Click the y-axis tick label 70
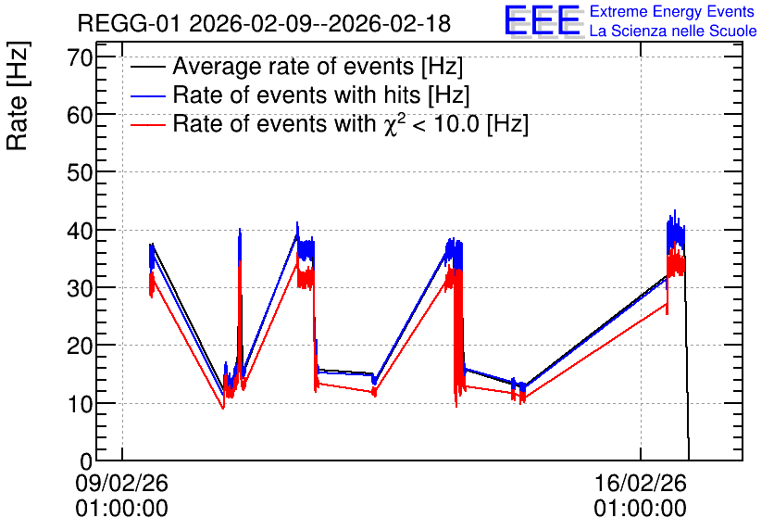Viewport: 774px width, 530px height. pos(80,57)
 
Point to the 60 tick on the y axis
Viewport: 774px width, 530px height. pos(80,115)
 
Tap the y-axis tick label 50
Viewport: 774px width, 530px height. pos(80,173)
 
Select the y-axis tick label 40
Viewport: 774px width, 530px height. pos(80,231)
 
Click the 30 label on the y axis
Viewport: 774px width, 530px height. pos(80,288)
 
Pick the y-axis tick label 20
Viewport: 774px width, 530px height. pos(80,346)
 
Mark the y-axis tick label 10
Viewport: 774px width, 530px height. pos(80,404)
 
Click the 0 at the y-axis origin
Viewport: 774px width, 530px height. pos(87,461)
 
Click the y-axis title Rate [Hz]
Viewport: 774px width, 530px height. pos(18,95)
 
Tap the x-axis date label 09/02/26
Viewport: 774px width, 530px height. pos(122,483)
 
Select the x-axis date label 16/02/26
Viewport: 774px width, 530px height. pos(641,483)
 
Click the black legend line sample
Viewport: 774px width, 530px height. pos(147,67)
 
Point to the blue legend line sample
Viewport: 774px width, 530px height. pos(147,95)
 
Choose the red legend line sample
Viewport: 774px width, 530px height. pos(147,124)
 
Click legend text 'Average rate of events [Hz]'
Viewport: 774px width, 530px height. pos(318,67)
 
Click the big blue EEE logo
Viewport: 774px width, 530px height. pos(543,20)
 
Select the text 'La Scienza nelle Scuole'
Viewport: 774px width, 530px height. pos(673,31)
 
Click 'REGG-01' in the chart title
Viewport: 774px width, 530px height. pos(130,23)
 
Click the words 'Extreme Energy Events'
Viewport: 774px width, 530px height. pos(672,11)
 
